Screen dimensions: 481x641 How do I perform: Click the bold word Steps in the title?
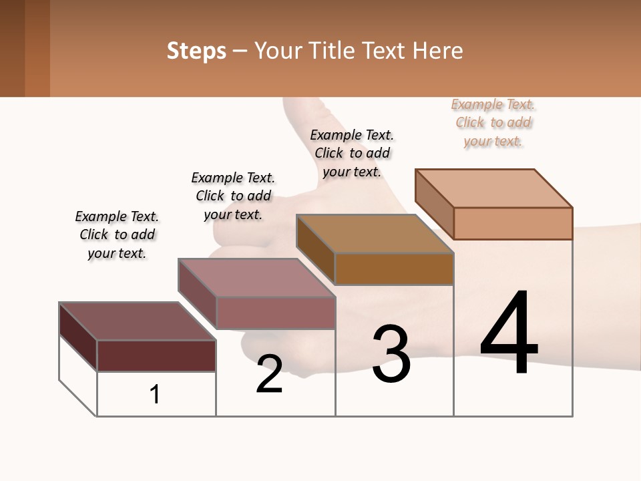point(196,51)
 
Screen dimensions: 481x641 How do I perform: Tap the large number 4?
point(509,333)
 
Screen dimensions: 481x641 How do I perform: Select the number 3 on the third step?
point(391,355)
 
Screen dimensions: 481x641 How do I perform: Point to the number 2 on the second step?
point(269,374)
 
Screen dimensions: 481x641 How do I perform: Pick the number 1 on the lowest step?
point(155,395)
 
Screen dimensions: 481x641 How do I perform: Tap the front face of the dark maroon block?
point(156,355)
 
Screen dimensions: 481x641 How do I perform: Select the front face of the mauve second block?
point(276,313)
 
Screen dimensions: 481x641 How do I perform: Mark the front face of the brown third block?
point(394,269)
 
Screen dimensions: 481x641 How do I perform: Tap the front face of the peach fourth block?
point(513,223)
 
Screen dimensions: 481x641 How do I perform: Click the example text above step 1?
point(117,234)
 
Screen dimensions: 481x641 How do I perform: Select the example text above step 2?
point(233,196)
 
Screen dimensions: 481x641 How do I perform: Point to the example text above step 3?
point(352,153)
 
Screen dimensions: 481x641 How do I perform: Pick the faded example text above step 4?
point(493,122)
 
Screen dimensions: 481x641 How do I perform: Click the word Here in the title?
point(439,51)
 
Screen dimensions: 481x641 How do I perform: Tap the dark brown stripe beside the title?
point(12,48)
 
